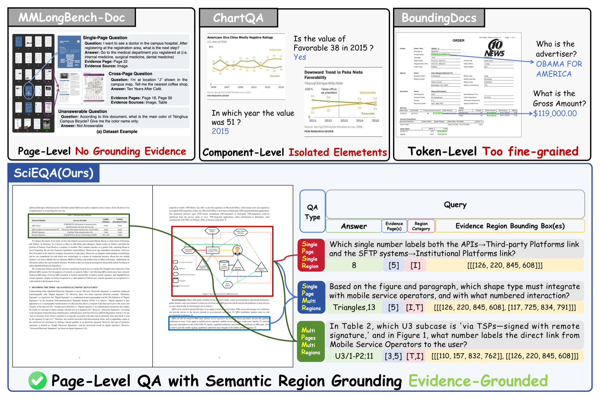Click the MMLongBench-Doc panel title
click(x=72, y=17)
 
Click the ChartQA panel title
click(x=238, y=18)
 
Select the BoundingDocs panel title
click(x=439, y=18)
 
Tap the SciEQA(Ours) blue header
click(x=53, y=173)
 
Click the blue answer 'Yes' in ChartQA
click(x=300, y=57)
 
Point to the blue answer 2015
click(x=220, y=131)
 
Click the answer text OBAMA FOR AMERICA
click(x=559, y=69)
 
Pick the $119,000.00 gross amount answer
click(x=555, y=114)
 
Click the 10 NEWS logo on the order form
click(x=495, y=48)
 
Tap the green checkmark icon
click(x=37, y=381)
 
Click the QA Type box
click(x=312, y=212)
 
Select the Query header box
click(x=455, y=205)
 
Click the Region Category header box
click(x=421, y=226)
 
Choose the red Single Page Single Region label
click(x=311, y=255)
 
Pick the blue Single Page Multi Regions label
click(x=311, y=297)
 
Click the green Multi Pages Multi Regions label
click(x=311, y=341)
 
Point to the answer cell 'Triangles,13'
click(x=354, y=307)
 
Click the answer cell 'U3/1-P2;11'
click(x=354, y=356)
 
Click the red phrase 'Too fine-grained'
click(x=530, y=152)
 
